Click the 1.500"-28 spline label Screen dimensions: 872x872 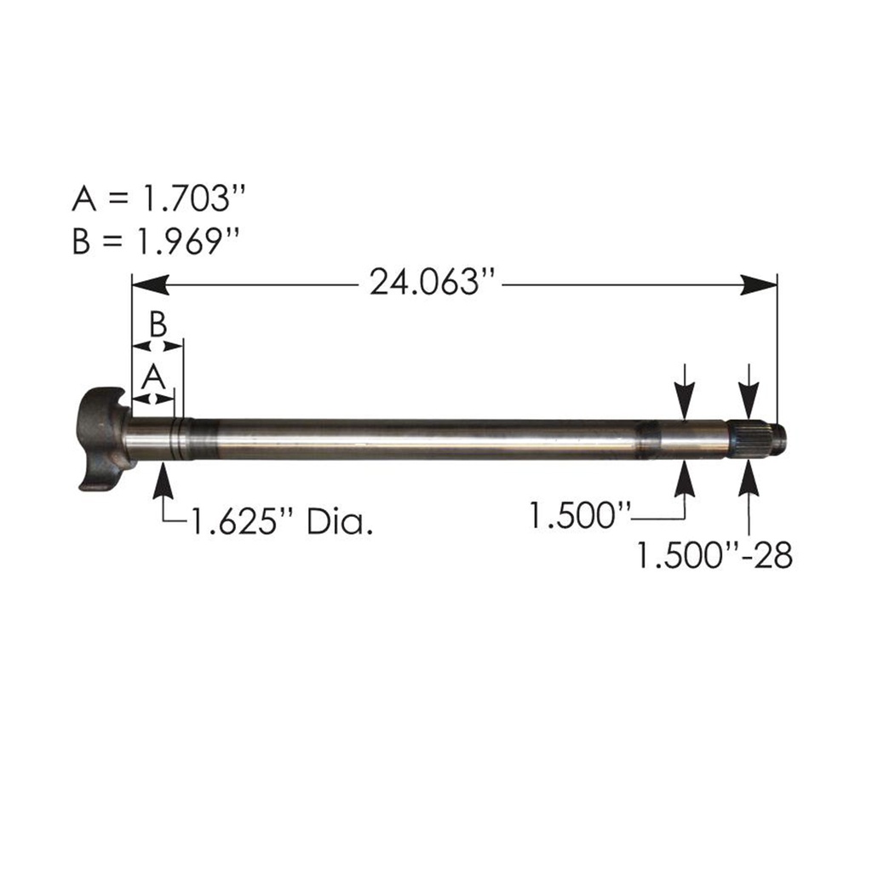[714, 554]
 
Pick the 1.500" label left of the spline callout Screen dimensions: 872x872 [580, 515]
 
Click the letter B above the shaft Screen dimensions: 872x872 [158, 324]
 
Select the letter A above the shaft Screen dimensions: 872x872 [152, 375]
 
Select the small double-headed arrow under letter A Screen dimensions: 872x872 [152, 398]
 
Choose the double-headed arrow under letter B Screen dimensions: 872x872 [158, 345]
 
